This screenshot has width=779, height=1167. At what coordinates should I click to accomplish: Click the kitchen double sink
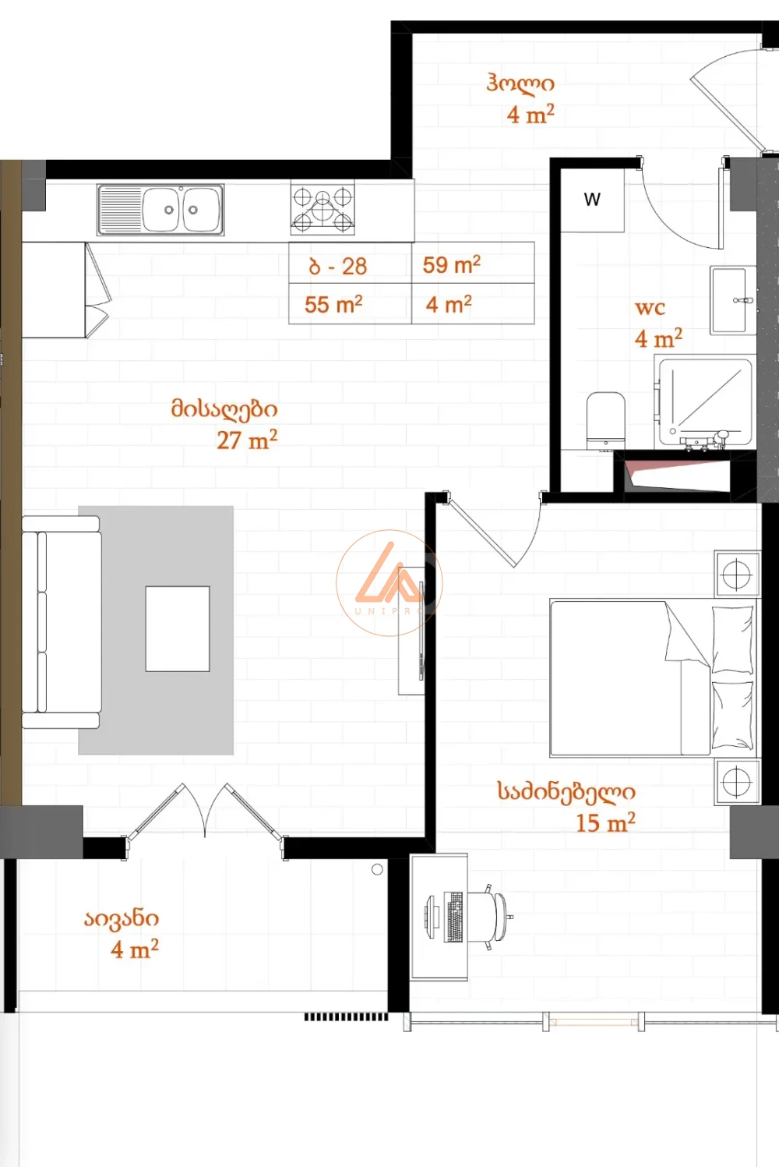(160, 210)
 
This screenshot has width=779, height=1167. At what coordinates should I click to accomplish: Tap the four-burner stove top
(323, 210)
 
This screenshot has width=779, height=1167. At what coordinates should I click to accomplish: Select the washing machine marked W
(592, 200)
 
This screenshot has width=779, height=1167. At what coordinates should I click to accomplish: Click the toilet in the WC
(605, 421)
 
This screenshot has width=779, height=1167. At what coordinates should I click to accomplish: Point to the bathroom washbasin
(733, 300)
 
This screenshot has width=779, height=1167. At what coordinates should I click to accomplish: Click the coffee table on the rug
(178, 629)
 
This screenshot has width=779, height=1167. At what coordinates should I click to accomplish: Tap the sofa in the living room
(62, 622)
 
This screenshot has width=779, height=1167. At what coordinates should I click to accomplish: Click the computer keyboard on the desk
(453, 917)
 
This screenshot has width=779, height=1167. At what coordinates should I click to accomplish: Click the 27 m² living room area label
(247, 440)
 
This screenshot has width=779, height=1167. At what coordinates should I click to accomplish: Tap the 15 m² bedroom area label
(605, 823)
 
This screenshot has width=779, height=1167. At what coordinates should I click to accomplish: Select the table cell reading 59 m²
(473, 263)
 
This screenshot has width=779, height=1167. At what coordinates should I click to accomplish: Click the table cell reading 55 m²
(351, 304)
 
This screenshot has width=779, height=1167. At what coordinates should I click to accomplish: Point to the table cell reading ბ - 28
(351, 263)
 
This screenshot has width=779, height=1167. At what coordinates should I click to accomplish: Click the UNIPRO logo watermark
(389, 583)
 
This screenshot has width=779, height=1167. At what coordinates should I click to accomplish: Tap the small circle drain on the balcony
(378, 869)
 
